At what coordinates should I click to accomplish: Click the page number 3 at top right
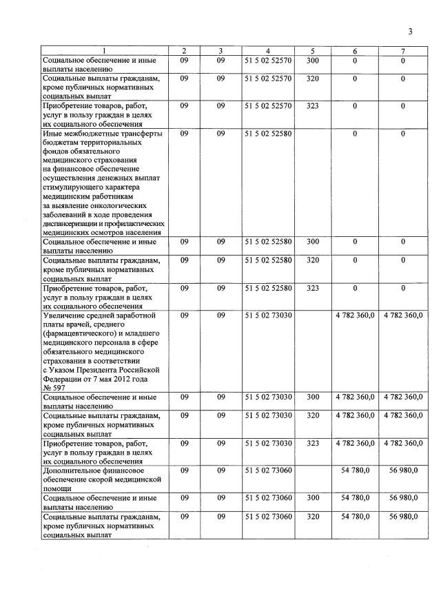pos(410,31)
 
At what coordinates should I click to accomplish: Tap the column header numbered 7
pos(403,51)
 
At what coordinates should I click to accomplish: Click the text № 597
pos(54,388)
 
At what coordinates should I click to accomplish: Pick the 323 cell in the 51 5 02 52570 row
pos(312,105)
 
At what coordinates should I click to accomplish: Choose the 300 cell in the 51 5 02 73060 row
pos(312,497)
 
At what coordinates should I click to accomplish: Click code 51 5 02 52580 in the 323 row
pos(269,288)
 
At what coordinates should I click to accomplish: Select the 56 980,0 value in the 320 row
pos(403,516)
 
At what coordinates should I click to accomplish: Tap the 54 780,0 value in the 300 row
pos(356,497)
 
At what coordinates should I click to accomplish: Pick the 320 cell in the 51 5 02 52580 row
pos(312,260)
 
